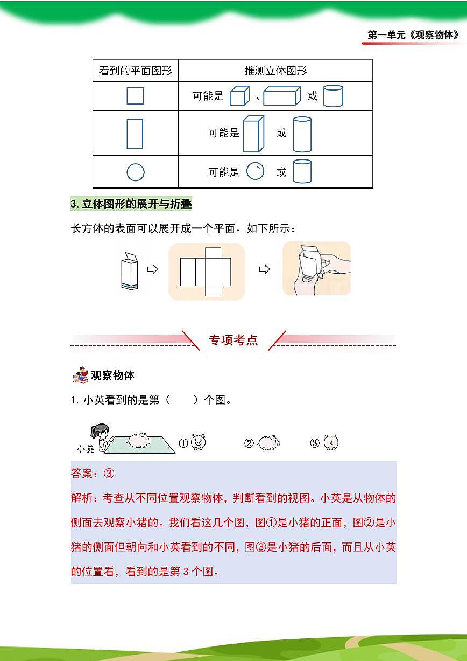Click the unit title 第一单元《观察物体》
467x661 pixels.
click(413, 36)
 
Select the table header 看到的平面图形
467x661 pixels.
click(135, 71)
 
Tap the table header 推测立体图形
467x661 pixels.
click(275, 71)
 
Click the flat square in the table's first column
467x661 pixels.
click(135, 96)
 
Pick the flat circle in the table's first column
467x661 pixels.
click(135, 172)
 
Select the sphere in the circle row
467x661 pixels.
click(255, 172)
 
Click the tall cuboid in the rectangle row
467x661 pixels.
click(253, 134)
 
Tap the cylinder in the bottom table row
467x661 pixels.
click(302, 171)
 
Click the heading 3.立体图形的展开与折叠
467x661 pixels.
click(131, 204)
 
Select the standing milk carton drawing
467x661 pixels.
click(130, 271)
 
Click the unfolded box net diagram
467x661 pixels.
click(206, 272)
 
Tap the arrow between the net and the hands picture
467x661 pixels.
click(264, 269)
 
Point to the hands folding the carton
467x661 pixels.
click(316, 268)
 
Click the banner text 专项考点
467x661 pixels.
click(233, 340)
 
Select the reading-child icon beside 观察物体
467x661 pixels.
click(80, 375)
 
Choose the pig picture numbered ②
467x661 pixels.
click(267, 443)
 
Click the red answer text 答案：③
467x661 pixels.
click(93, 474)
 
